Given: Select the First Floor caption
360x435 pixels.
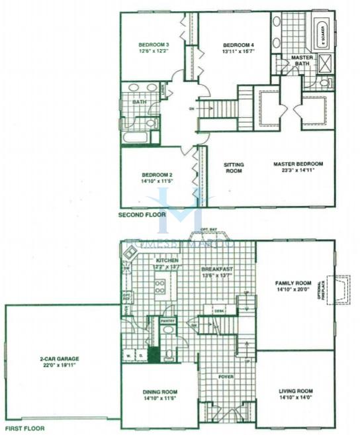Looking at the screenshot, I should [23, 428].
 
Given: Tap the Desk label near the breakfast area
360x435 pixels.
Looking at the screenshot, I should [218, 310].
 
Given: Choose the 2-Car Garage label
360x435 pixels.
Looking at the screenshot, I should [62, 360].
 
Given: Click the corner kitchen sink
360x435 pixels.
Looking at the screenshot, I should [130, 252].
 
